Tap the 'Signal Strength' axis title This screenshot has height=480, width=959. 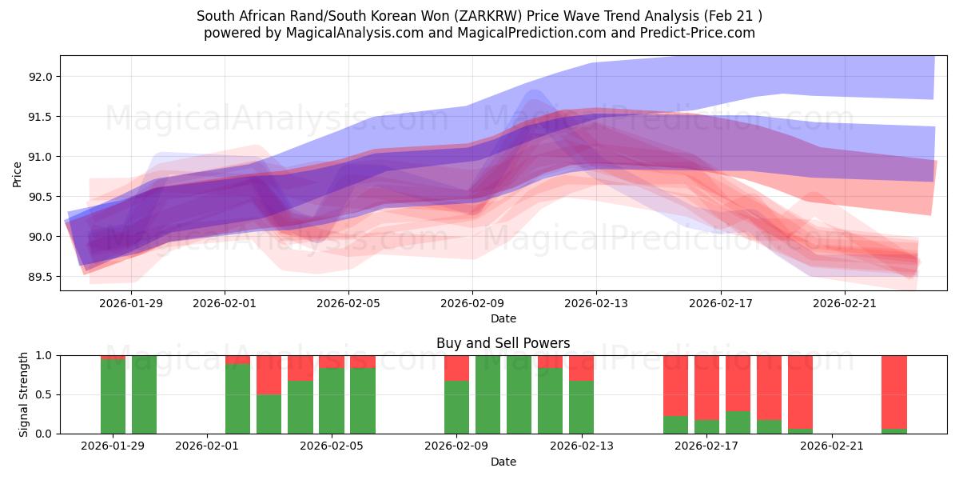24,394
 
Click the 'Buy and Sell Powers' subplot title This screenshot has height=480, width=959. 503,343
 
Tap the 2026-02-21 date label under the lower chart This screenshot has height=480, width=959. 833,446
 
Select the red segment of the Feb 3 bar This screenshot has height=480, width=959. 269,375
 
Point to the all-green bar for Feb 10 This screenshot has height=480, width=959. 487,394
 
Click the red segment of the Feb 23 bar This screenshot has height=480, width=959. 894,392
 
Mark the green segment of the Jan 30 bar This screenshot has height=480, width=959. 144,394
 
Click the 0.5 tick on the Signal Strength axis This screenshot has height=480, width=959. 46,394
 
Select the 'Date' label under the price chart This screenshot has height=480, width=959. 503,318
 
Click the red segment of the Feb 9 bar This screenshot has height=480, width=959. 456,368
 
